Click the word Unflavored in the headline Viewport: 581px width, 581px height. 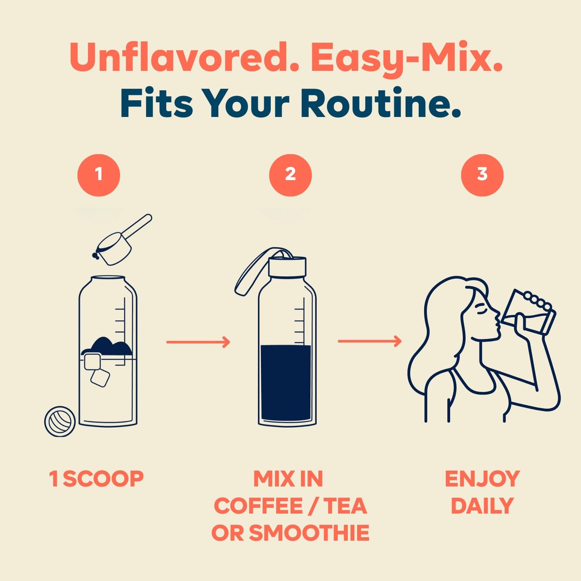181,57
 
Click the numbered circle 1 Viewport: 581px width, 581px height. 99,175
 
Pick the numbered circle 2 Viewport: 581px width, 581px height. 290,175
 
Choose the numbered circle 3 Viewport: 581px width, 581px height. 482,175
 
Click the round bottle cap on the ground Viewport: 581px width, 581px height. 60,421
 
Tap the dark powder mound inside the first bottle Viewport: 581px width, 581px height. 107,346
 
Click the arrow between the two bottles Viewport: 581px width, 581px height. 198,342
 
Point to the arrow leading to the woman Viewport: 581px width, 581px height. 370,341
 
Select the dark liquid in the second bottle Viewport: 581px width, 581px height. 286,382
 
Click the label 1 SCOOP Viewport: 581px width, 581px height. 96,478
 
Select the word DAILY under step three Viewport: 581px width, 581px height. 482,506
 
